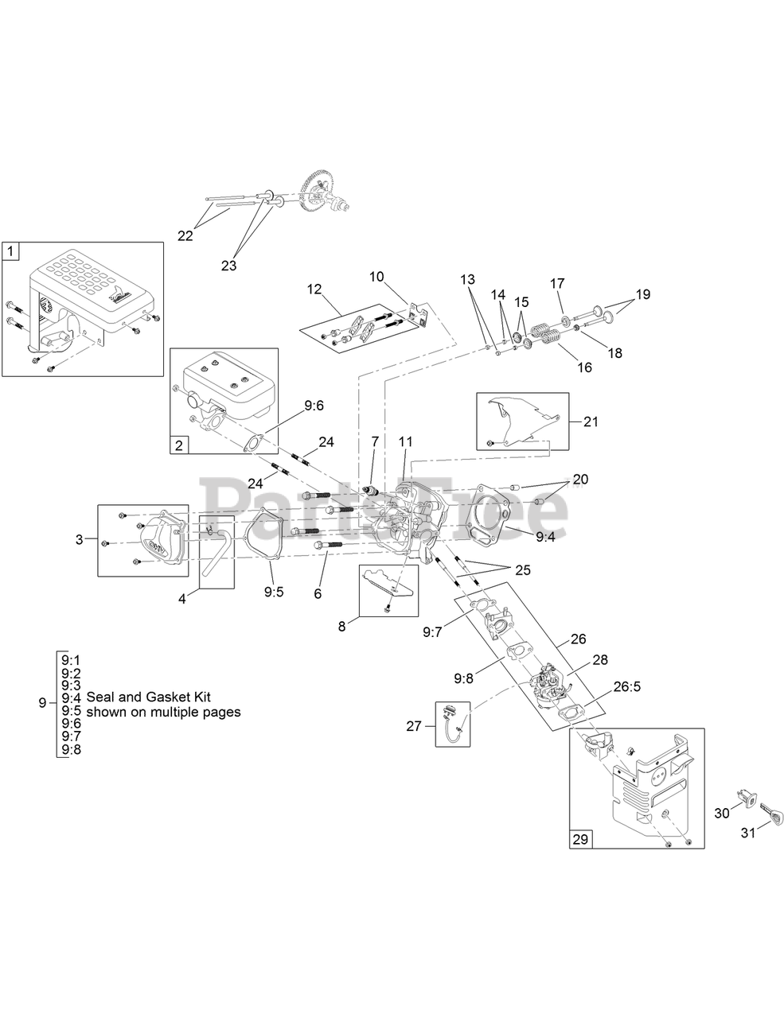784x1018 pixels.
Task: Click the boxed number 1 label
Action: click(x=10, y=251)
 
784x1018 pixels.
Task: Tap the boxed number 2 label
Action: click(x=178, y=445)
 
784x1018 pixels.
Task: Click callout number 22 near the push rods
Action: click(x=185, y=235)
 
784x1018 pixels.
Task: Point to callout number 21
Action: click(x=590, y=422)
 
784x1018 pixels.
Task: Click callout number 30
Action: click(x=722, y=813)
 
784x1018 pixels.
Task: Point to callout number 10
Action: click(x=376, y=276)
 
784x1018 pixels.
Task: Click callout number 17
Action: click(x=557, y=283)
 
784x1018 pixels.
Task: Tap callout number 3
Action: click(x=80, y=540)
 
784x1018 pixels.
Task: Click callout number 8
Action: click(x=342, y=625)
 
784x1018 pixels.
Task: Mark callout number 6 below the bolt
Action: click(x=318, y=593)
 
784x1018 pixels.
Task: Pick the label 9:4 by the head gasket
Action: click(x=544, y=538)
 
